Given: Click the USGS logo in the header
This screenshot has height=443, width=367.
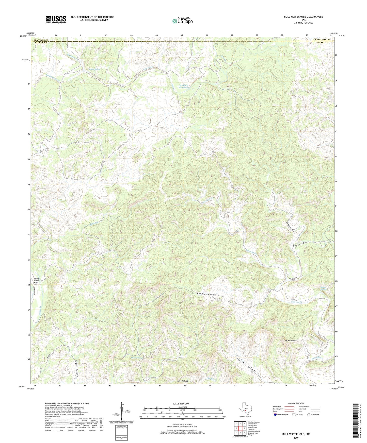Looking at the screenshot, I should point(56,19).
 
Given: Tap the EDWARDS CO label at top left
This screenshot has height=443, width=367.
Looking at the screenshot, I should point(41,40).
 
